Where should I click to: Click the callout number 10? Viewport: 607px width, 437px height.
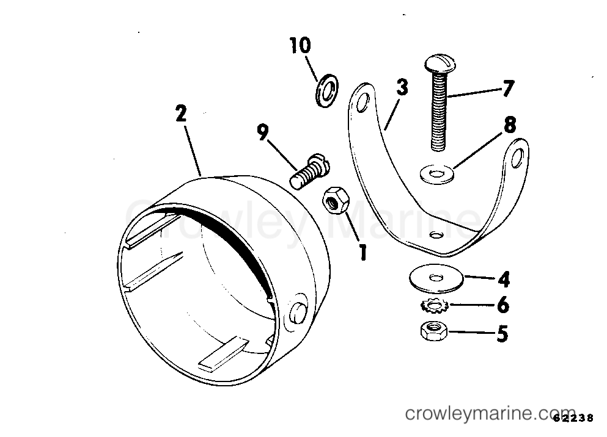click(x=300, y=45)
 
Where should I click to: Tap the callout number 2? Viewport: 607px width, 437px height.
click(x=181, y=114)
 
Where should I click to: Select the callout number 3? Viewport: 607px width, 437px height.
click(x=402, y=87)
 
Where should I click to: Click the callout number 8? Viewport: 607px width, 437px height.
click(x=510, y=125)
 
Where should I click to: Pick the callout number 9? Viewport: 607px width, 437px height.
click(x=262, y=132)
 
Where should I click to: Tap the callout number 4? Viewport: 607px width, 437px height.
click(x=503, y=279)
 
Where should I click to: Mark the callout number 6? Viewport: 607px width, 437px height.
click(x=503, y=305)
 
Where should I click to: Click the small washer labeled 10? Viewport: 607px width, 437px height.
click(x=326, y=90)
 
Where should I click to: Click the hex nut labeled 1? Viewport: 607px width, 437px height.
click(x=336, y=200)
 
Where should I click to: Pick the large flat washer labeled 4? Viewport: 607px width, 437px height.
click(x=436, y=278)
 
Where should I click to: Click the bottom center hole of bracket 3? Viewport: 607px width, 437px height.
click(x=436, y=234)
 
